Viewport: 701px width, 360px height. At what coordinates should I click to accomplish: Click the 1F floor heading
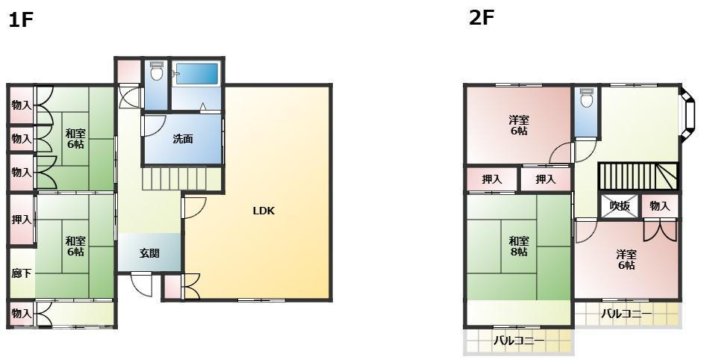(x=21, y=20)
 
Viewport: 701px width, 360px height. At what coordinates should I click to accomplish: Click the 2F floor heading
(x=482, y=18)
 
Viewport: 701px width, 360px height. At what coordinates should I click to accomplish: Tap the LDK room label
(x=264, y=211)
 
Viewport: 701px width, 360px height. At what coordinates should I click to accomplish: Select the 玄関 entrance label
(x=149, y=253)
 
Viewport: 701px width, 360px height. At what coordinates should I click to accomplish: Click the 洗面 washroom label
(x=183, y=139)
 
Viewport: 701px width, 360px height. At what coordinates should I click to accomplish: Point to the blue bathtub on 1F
(x=196, y=74)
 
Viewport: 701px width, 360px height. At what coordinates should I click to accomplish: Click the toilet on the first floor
(x=156, y=72)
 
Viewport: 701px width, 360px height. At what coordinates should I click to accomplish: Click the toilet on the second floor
(x=586, y=99)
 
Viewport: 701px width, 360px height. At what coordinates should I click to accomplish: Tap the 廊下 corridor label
(x=22, y=273)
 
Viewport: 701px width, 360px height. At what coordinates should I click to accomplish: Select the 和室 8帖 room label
(x=519, y=246)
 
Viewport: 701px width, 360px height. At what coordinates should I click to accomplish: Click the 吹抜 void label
(x=620, y=205)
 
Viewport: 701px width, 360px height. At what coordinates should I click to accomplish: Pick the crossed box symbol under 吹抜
(x=620, y=207)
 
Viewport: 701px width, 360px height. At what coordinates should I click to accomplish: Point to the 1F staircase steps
(x=173, y=179)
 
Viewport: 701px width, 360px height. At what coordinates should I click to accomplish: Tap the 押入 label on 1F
(x=22, y=220)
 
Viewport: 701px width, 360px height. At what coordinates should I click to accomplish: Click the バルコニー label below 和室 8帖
(x=519, y=341)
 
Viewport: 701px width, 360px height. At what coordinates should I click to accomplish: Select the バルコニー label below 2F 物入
(x=627, y=314)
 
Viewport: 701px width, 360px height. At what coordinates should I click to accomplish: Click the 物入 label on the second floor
(x=660, y=205)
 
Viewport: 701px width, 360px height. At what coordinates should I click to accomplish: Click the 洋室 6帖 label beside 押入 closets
(x=519, y=125)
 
